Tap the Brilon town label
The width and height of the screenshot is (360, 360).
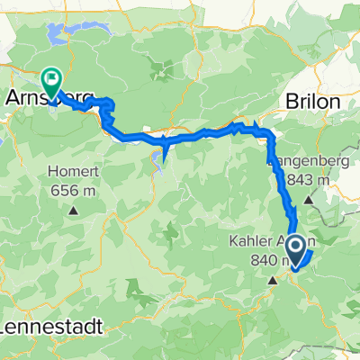[313, 102]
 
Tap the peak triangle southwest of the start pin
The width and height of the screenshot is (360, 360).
[274, 281]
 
